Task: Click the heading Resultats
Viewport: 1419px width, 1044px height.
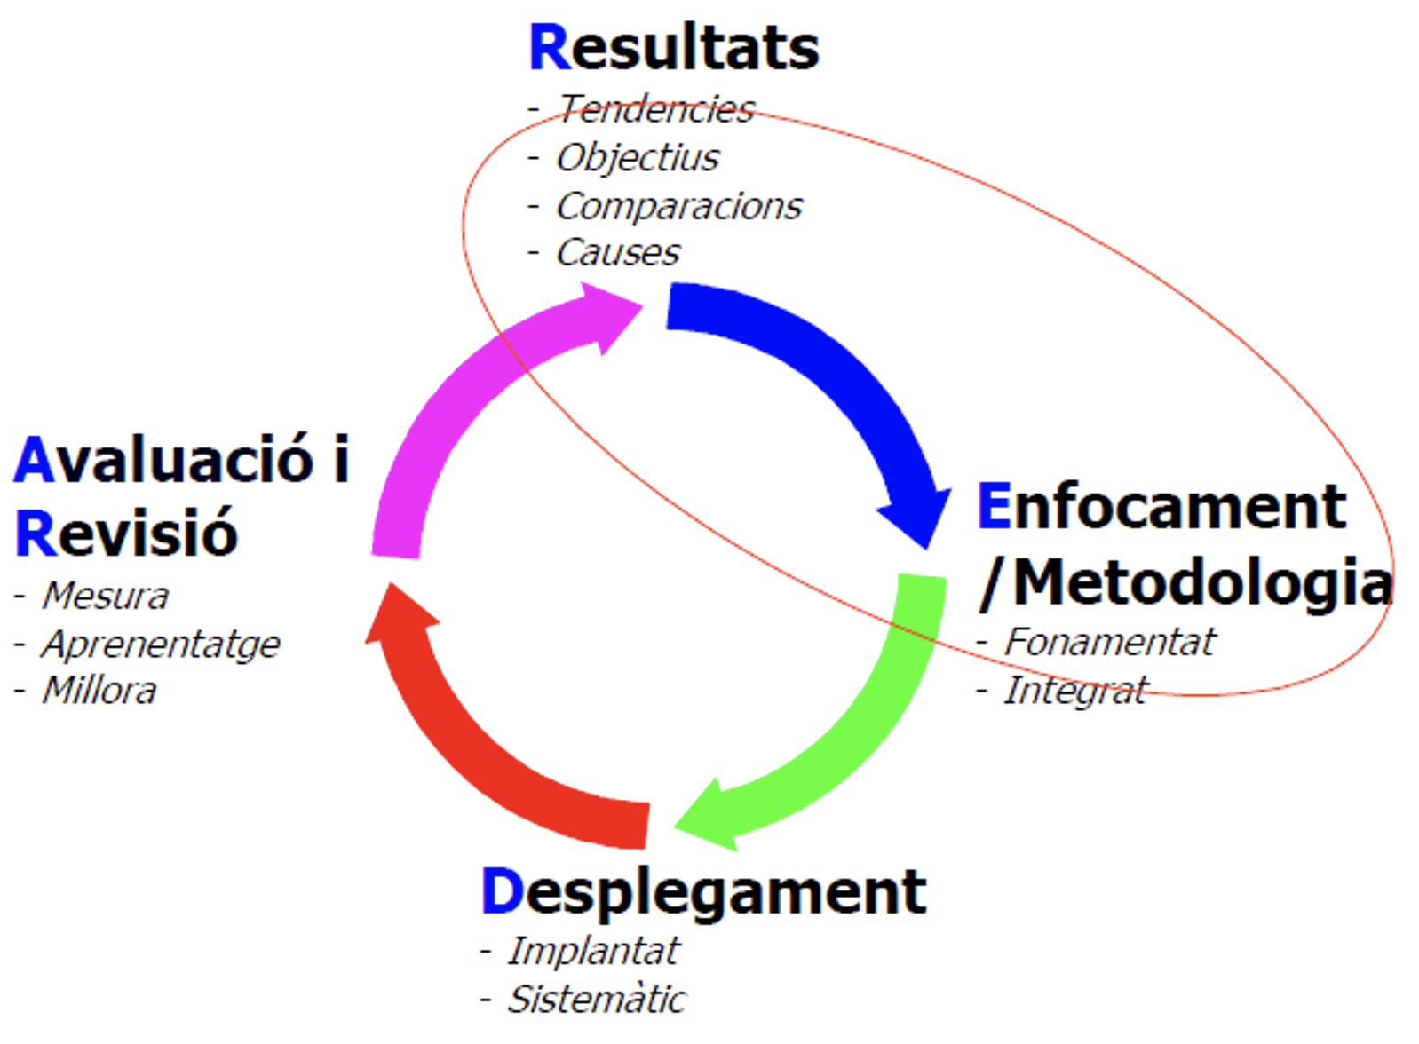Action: pyautogui.click(x=674, y=47)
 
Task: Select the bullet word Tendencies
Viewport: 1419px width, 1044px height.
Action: pyautogui.click(x=656, y=109)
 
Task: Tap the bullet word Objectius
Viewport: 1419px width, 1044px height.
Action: pyautogui.click(x=638, y=157)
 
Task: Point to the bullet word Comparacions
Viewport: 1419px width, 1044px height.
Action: pyautogui.click(x=679, y=205)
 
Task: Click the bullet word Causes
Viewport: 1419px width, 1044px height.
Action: pyautogui.click(x=618, y=252)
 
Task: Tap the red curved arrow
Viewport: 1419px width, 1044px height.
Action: pyautogui.click(x=456, y=754)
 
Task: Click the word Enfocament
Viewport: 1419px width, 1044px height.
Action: pyautogui.click(x=1161, y=507)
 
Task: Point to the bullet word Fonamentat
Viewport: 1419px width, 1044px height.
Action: pyautogui.click(x=1110, y=643)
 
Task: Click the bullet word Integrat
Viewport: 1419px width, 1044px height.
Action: pyautogui.click(x=1075, y=691)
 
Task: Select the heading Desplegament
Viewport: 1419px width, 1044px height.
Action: pyautogui.click(x=704, y=892)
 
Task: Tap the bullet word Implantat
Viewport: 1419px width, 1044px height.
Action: pyautogui.click(x=593, y=951)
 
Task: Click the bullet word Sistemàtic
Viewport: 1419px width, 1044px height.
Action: pyautogui.click(x=596, y=999)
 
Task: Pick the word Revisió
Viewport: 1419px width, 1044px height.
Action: pyautogui.click(x=125, y=534)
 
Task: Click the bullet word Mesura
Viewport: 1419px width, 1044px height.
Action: pyautogui.click(x=105, y=596)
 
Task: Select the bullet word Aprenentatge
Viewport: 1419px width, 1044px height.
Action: pyautogui.click(x=161, y=645)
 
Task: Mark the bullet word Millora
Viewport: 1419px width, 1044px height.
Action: pyautogui.click(x=99, y=691)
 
